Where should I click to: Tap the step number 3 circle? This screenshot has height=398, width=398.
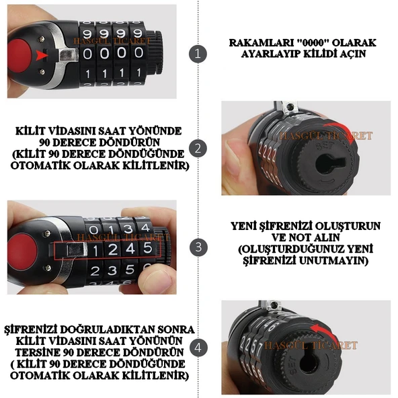point(197,247)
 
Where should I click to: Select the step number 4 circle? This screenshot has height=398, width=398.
point(197,348)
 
